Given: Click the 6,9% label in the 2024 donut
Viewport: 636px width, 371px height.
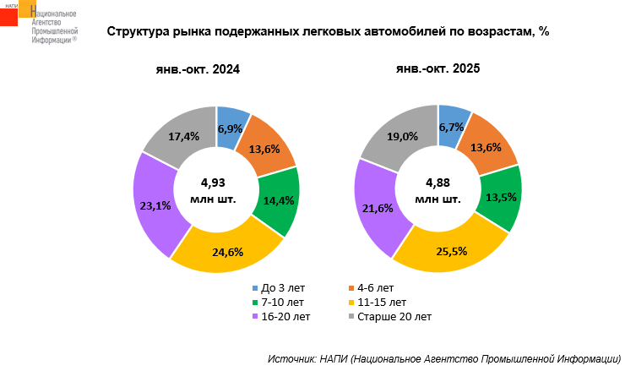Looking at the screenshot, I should click(231, 129).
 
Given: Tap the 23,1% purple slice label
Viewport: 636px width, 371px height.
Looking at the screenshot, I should click(155, 205).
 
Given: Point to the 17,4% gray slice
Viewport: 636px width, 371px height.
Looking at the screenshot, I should click(184, 136).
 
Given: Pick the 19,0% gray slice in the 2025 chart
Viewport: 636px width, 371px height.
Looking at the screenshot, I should click(403, 136).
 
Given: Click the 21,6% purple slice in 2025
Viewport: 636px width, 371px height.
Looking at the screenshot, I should click(376, 208).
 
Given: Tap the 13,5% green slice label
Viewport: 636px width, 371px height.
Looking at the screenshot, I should click(497, 199).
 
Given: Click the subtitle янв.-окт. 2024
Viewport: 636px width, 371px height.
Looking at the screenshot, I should click(193, 69).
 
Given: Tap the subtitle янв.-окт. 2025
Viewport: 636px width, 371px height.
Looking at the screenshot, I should click(438, 69).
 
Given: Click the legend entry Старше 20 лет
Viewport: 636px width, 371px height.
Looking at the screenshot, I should click(394, 317).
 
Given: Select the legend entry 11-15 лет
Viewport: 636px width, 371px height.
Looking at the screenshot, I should click(382, 302).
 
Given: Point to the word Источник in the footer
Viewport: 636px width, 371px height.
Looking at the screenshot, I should click(291, 358).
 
